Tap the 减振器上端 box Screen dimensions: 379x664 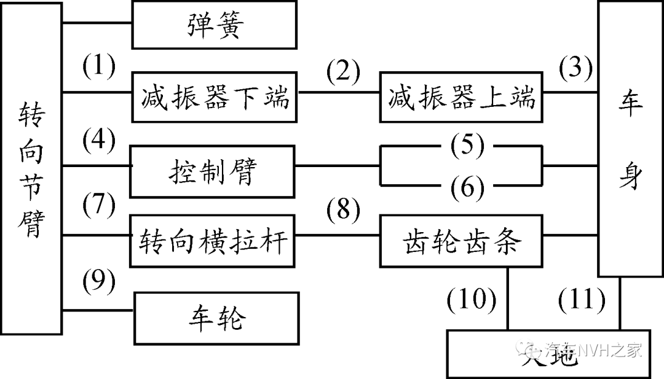[x=462, y=98]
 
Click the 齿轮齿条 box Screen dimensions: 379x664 [x=462, y=242]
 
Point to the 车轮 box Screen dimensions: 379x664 [x=216, y=318]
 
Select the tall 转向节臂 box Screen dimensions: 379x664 [x=31, y=169]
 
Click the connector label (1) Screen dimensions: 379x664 [x=98, y=68]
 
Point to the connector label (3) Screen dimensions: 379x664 [x=575, y=67]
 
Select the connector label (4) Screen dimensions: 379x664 [x=98, y=142]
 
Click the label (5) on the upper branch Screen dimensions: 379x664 [x=467, y=146]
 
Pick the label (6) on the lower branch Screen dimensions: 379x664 [x=467, y=187]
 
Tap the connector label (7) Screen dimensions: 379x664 [x=98, y=206]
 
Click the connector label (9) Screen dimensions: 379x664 [x=98, y=281]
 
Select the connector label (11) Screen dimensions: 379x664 [x=581, y=300]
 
